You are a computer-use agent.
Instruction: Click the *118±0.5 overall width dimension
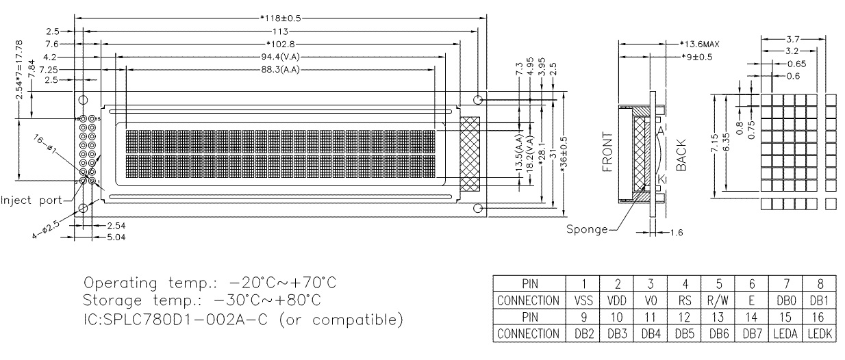tap(281, 18)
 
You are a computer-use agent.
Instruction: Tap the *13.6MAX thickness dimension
tap(695, 44)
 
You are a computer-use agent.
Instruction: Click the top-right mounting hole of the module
tap(478, 100)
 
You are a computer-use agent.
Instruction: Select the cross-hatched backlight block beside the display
tap(470, 154)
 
